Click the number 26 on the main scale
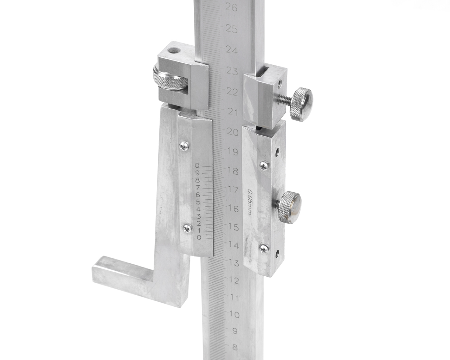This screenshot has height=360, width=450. (x=231, y=8)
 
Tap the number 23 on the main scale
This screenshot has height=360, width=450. (x=232, y=71)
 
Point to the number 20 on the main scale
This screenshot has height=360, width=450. (x=233, y=132)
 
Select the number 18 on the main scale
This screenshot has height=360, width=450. (x=233, y=171)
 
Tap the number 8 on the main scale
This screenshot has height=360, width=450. (x=235, y=348)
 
